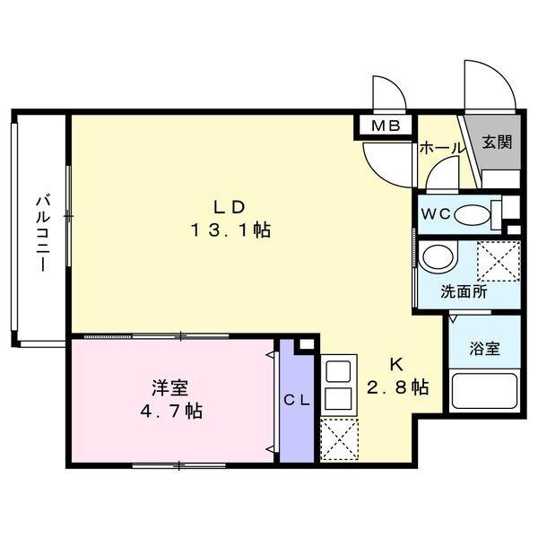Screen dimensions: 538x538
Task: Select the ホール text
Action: tap(441, 148)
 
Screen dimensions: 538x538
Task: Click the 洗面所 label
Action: tap(464, 291)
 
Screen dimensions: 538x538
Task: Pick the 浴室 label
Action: tap(485, 349)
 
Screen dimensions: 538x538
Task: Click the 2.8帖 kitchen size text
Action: tap(395, 387)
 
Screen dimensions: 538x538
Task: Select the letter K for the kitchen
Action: tap(395, 364)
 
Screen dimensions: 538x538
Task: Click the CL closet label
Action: tap(297, 401)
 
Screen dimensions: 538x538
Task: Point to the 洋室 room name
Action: tap(169, 388)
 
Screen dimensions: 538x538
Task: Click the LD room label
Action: tap(230, 205)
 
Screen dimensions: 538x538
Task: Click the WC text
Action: tap(437, 214)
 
